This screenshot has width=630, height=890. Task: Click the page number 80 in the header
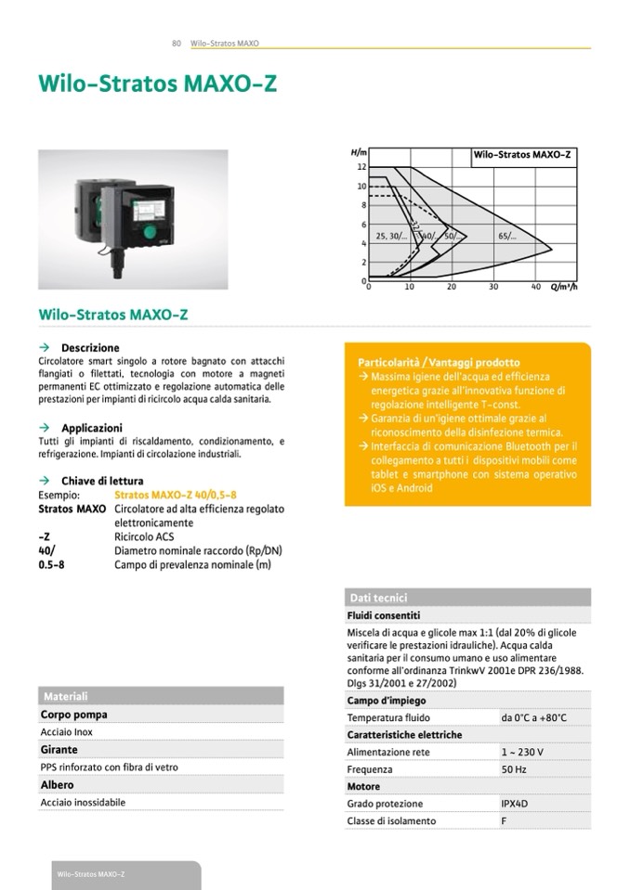click(x=176, y=43)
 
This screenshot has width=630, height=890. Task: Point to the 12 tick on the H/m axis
click(x=362, y=167)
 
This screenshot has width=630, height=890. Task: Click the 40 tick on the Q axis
click(x=535, y=287)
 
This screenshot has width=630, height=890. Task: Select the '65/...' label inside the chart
click(x=507, y=237)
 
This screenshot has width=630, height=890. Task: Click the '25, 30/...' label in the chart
click(x=391, y=237)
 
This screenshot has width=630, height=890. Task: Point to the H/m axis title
click(x=360, y=151)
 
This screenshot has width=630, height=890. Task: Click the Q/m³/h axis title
click(x=564, y=287)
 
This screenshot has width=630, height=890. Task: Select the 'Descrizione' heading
click(x=90, y=348)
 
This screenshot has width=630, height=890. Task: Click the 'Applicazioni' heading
click(x=92, y=428)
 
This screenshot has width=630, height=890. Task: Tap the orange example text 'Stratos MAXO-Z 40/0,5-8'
click(x=169, y=496)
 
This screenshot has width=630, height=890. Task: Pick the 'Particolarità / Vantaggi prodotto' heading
click(x=439, y=362)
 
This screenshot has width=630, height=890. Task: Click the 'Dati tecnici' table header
click(x=377, y=598)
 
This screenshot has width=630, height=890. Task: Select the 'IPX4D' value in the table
click(x=515, y=804)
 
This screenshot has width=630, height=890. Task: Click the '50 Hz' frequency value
click(x=514, y=769)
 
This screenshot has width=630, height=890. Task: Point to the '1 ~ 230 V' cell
click(x=522, y=752)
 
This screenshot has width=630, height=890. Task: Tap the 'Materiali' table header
click(x=65, y=696)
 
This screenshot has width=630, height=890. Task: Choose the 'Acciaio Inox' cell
click(x=67, y=732)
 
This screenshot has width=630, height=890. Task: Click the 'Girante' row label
click(x=59, y=750)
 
